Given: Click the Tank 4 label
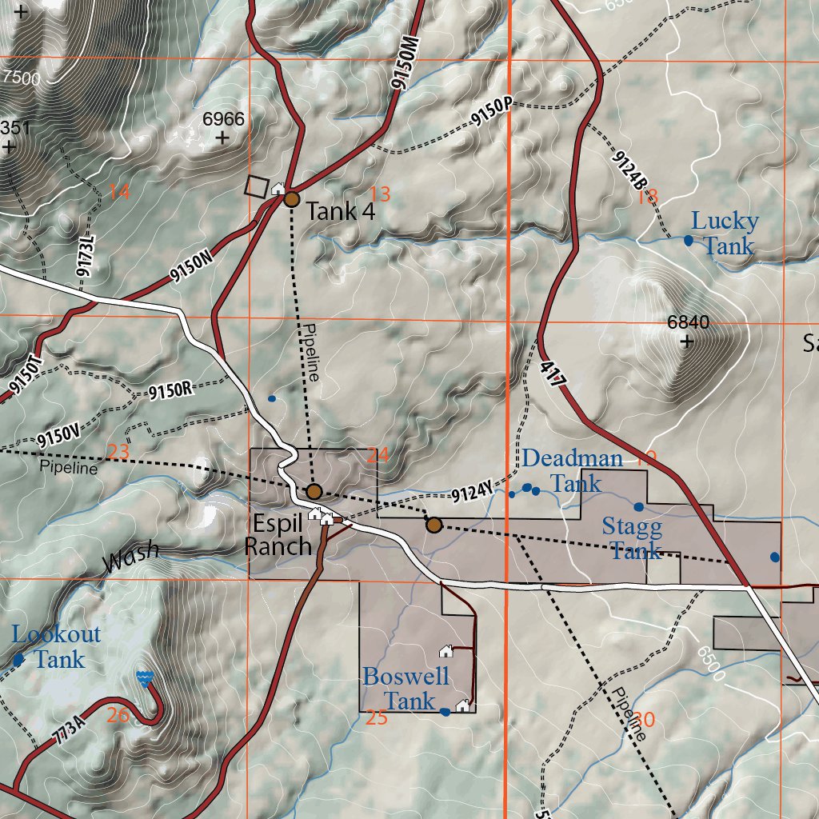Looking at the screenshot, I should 341,212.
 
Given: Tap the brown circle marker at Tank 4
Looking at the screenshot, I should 292,199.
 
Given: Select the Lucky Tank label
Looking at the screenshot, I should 725,233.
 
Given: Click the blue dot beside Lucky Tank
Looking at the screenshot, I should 688,240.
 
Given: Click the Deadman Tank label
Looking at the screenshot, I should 573,470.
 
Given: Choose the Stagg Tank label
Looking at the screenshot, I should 632,539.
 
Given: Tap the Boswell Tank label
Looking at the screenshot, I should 406,688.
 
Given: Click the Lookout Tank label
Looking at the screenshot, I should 57,647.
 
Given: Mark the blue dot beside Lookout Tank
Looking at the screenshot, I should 18,660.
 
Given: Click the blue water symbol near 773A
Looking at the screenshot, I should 145,678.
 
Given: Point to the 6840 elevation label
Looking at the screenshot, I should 688,322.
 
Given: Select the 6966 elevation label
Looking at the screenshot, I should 222,119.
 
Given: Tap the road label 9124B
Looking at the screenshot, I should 630,171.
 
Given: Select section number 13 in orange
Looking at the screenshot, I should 380,194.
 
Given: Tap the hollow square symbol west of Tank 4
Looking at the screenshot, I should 257,186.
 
